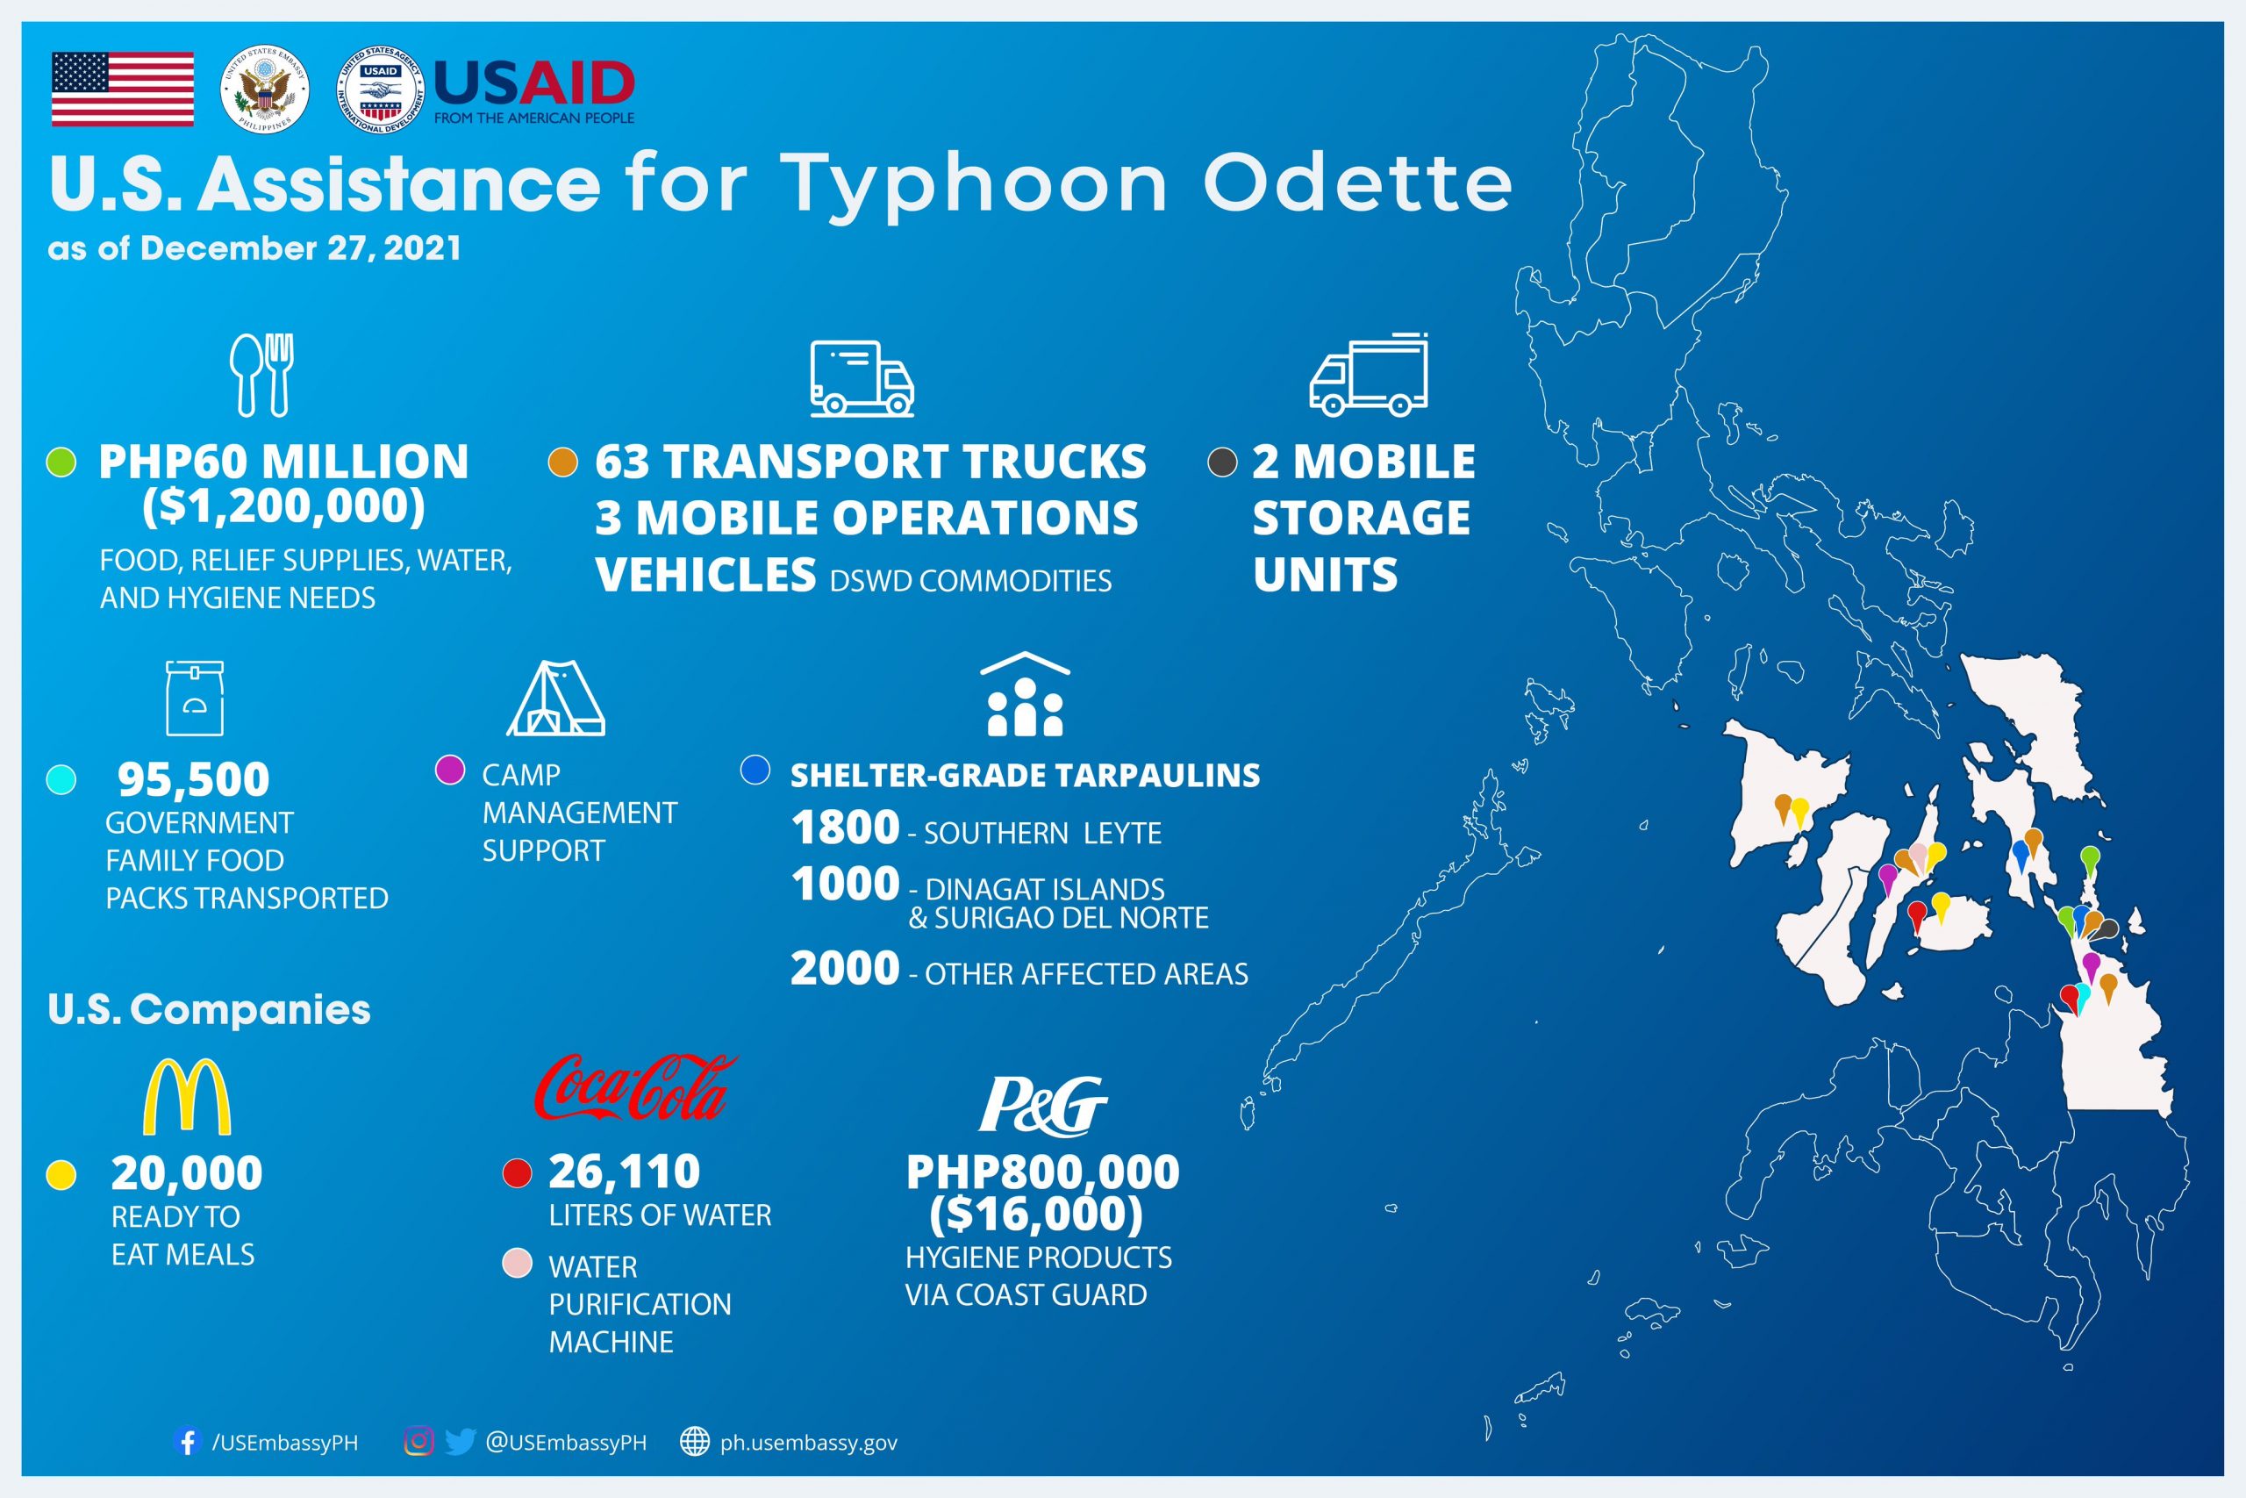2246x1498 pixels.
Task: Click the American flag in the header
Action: pyautogui.click(x=122, y=90)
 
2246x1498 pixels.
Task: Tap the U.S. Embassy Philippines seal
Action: pyautogui.click(x=264, y=90)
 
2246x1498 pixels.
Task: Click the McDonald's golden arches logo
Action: pyautogui.click(x=186, y=1097)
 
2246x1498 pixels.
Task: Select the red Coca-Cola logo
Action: pyautogui.click(x=635, y=1087)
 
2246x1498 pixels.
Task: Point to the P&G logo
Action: pyautogui.click(x=1043, y=1106)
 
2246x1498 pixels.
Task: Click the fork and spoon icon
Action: pyautogui.click(x=261, y=375)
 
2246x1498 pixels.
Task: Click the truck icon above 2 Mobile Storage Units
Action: pyautogui.click(x=1369, y=375)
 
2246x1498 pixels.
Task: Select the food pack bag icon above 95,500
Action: pyautogui.click(x=195, y=698)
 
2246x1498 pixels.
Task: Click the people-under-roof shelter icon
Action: pyautogui.click(x=1025, y=694)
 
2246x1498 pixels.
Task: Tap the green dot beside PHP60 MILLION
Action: pyautogui.click(x=62, y=462)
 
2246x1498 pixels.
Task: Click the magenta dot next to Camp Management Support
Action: pyautogui.click(x=450, y=770)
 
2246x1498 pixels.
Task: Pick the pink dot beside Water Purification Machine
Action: pyautogui.click(x=517, y=1263)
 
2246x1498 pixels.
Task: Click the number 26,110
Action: pyautogui.click(x=625, y=1172)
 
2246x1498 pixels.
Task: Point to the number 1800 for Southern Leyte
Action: pyautogui.click(x=845, y=828)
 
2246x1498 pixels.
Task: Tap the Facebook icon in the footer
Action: pyautogui.click(x=187, y=1442)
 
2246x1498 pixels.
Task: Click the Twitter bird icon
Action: pyautogui.click(x=461, y=1442)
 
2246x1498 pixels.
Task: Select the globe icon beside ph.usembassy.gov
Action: pyautogui.click(x=694, y=1442)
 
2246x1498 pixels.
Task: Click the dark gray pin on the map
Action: pyautogui.click(x=2108, y=929)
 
